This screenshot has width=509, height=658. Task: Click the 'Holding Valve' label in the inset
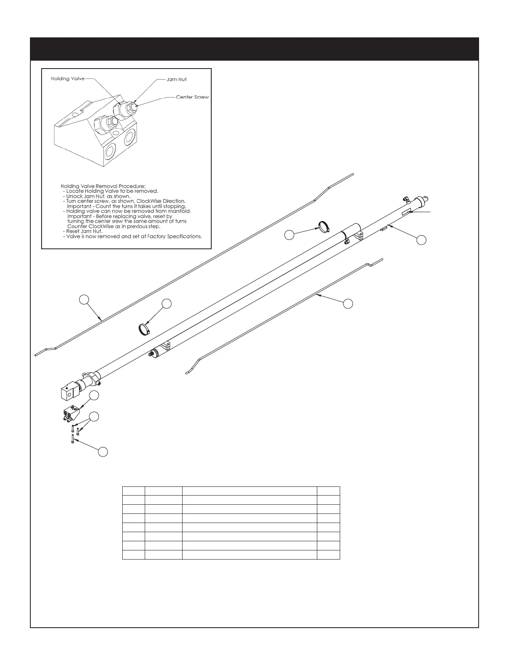click(67, 79)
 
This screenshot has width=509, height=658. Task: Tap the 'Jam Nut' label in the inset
click(176, 79)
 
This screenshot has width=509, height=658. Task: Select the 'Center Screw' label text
click(192, 97)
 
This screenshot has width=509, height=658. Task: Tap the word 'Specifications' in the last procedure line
click(183, 236)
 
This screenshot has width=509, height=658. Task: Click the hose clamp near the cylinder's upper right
click(324, 227)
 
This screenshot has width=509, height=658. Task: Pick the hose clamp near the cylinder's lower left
click(144, 329)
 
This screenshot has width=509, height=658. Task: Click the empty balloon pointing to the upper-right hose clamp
click(289, 235)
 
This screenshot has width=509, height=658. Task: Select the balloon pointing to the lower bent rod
click(348, 304)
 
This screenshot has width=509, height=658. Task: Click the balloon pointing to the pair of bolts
click(94, 416)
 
